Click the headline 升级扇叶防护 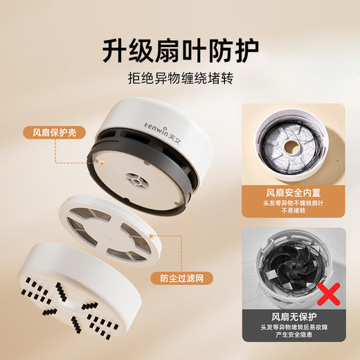click(x=179, y=49)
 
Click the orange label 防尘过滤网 click(x=175, y=279)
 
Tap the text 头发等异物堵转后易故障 click(x=293, y=330)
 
